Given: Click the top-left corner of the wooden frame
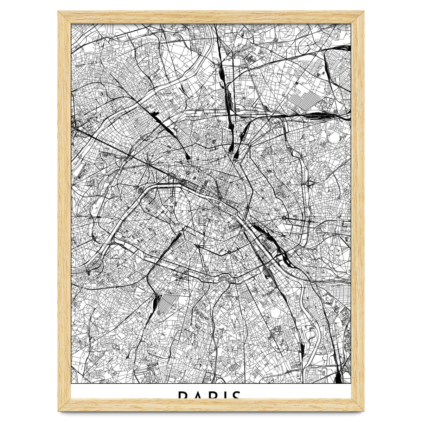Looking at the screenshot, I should click(x=58, y=11).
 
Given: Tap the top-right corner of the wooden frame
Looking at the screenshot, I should click(x=364, y=11).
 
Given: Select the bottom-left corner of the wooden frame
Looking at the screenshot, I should click(x=58, y=411).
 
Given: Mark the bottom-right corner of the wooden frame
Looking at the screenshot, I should click(x=364, y=411).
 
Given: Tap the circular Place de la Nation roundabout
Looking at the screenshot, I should click(x=284, y=218).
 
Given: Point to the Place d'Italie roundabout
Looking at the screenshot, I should click(x=229, y=252).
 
